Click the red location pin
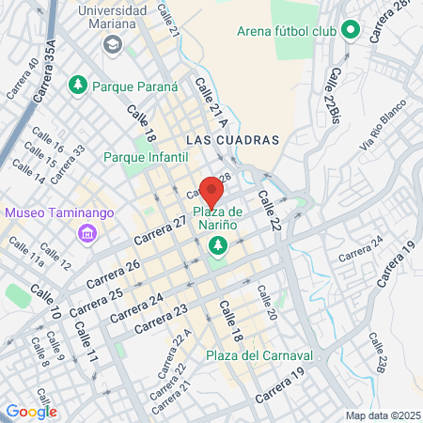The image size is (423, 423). pyautogui.click(x=211, y=189)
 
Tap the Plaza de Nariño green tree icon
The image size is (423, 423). pyautogui.click(x=218, y=245)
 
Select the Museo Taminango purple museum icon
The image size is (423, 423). pyautogui.click(x=86, y=231)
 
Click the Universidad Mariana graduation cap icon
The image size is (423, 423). pyautogui.click(x=112, y=44)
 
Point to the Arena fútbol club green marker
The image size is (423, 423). pyautogui.click(x=351, y=31)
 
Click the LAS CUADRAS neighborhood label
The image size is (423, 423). pyautogui.click(x=233, y=139)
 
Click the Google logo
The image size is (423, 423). pyautogui.click(x=31, y=411)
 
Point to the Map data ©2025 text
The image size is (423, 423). pyautogui.click(x=382, y=415)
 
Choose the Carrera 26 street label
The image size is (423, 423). pyautogui.click(x=113, y=272)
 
